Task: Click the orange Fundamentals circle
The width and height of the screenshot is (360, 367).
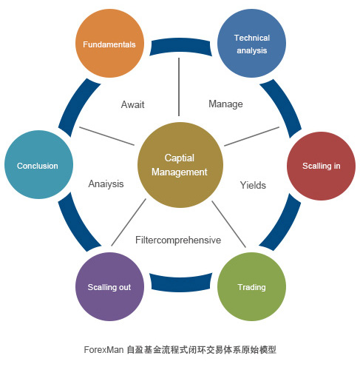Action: click(x=109, y=44)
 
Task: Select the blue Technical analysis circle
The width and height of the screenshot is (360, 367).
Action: click(x=251, y=44)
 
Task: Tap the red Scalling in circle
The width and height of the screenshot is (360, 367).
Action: click(x=321, y=166)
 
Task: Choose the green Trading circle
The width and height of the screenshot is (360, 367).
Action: click(x=251, y=286)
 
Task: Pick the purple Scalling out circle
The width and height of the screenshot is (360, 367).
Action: click(x=109, y=286)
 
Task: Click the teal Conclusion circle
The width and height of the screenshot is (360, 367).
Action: click(x=38, y=164)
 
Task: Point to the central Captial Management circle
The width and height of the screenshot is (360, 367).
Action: click(x=180, y=165)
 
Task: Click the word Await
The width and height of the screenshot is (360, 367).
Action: click(x=132, y=104)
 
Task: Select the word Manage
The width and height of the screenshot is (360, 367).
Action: click(x=225, y=104)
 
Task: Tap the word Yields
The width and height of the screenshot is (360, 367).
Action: click(x=253, y=185)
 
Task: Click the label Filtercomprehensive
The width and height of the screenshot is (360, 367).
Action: click(x=178, y=240)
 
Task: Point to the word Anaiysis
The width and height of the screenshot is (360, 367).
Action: click(x=106, y=184)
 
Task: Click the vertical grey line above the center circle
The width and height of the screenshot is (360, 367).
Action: click(x=179, y=87)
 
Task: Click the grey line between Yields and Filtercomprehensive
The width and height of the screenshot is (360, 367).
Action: click(x=228, y=224)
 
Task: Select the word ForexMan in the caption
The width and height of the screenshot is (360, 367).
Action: click(x=103, y=350)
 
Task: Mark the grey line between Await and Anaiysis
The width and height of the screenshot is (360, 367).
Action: click(x=106, y=136)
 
